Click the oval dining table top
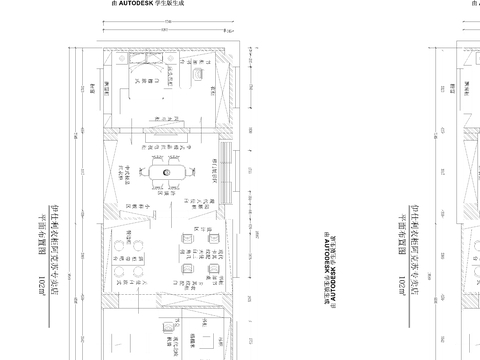pyautogui.click(x=166, y=171)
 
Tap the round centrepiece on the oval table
pyautogui.click(x=166, y=171)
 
